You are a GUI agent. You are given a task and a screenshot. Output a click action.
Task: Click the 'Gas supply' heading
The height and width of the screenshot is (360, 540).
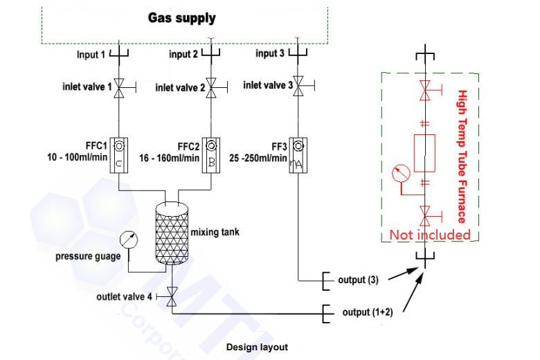[182, 18]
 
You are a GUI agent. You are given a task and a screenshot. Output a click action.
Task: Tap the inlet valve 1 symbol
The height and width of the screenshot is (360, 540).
[118, 87]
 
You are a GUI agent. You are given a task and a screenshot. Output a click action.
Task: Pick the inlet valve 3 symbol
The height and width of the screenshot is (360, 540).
[298, 84]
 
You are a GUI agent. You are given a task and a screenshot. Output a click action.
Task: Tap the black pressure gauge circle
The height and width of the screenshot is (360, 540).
[128, 240]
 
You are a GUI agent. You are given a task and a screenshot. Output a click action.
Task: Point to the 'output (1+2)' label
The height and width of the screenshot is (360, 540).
[368, 312]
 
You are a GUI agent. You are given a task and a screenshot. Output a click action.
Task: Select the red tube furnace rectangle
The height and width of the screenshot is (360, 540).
[424, 152]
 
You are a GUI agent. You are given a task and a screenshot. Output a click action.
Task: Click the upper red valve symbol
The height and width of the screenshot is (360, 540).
[424, 90]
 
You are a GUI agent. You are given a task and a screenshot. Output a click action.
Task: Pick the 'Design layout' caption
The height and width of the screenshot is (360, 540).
[257, 347]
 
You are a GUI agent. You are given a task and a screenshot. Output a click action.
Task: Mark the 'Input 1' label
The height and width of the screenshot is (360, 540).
[92, 54]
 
